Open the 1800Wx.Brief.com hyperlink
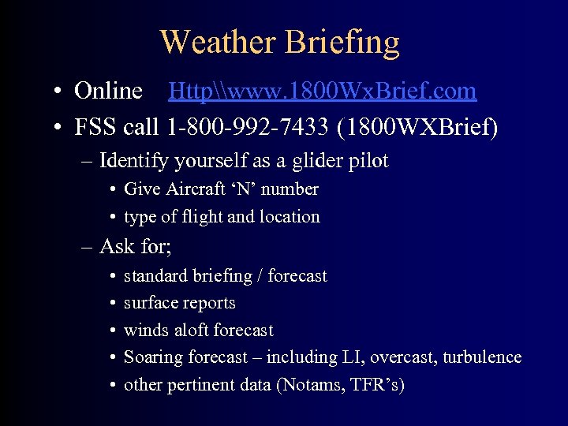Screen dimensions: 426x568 point(323,92)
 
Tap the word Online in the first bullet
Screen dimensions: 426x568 point(108,92)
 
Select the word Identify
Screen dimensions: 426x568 point(133,161)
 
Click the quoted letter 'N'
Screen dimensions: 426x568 point(248,189)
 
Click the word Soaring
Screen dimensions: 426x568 point(154,357)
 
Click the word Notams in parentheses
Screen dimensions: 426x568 point(307,385)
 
